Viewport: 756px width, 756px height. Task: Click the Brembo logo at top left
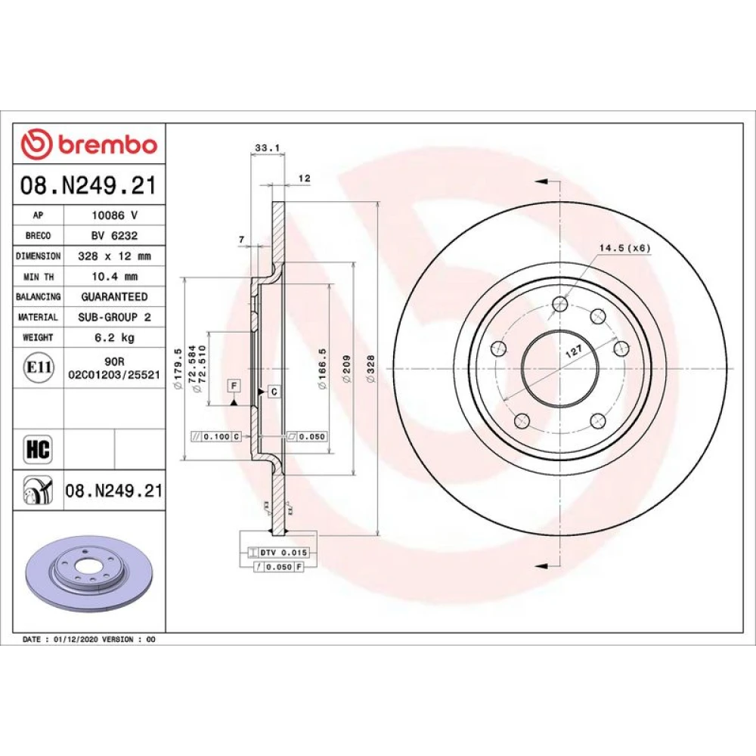[89, 144]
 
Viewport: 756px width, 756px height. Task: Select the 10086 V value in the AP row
[115, 215]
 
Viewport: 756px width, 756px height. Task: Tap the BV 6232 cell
[115, 236]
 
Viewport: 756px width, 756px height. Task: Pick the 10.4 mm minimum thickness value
[115, 277]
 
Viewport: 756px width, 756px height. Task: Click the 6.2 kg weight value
[115, 337]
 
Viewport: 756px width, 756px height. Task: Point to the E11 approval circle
[39, 367]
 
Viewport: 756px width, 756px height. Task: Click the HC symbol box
[38, 449]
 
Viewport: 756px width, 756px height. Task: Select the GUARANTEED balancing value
[115, 297]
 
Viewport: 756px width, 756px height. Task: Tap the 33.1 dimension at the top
[268, 148]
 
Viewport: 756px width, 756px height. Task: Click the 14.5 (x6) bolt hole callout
[625, 248]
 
